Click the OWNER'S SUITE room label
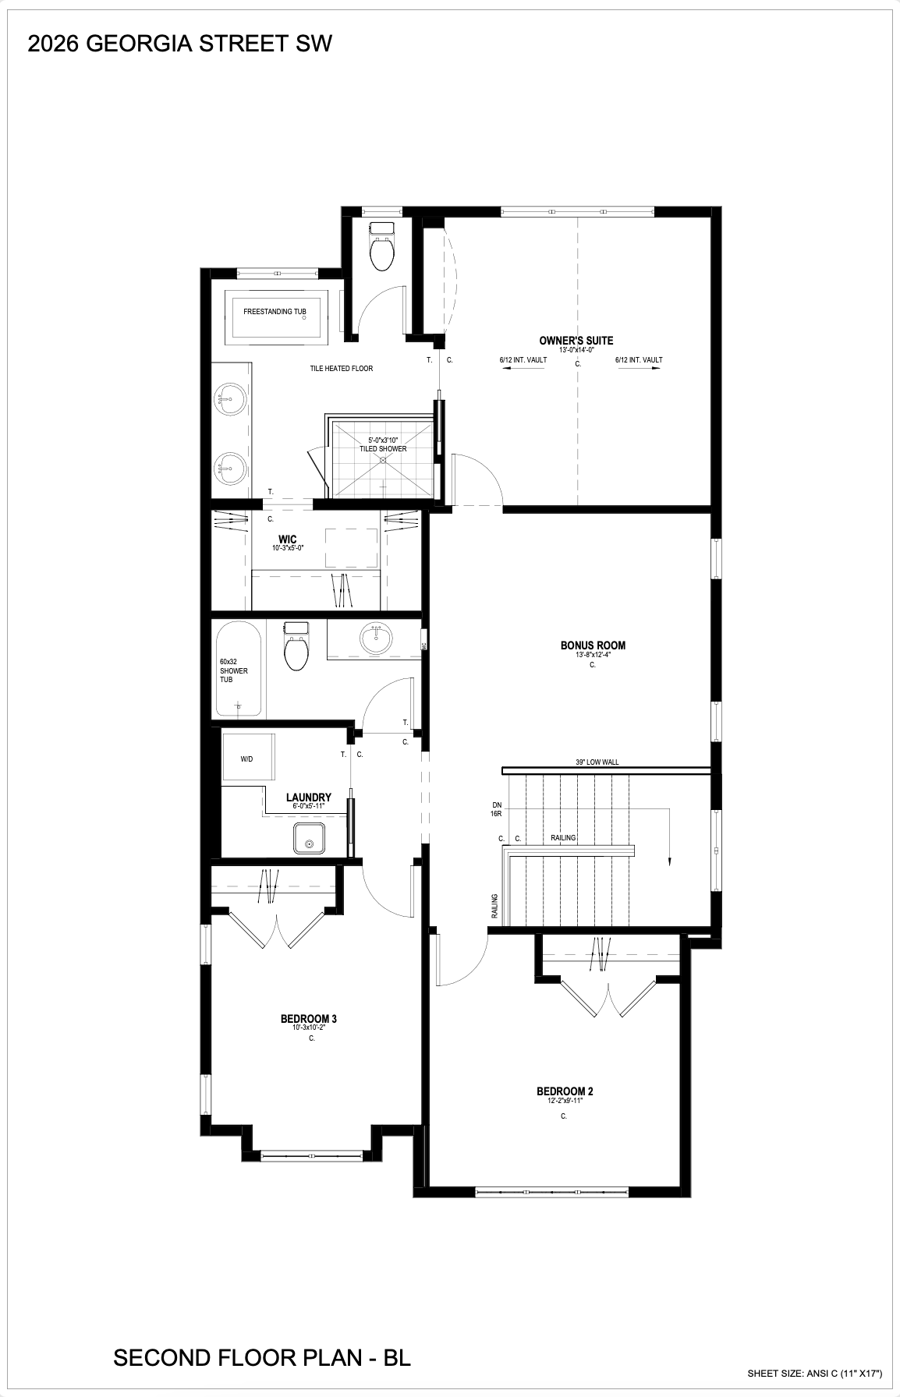tap(576, 340)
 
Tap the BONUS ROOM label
tap(593, 645)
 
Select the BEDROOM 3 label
tap(309, 1018)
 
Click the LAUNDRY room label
tap(309, 798)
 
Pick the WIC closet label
tap(288, 539)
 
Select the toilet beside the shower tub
tap(296, 646)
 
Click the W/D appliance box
tap(246, 757)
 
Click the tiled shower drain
tap(382, 460)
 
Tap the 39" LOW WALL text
tap(597, 762)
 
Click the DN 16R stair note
tap(497, 808)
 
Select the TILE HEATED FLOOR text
tap(342, 368)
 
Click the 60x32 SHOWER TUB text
tap(234, 670)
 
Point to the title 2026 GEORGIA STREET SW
tap(180, 44)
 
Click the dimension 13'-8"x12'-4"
tap(593, 655)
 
